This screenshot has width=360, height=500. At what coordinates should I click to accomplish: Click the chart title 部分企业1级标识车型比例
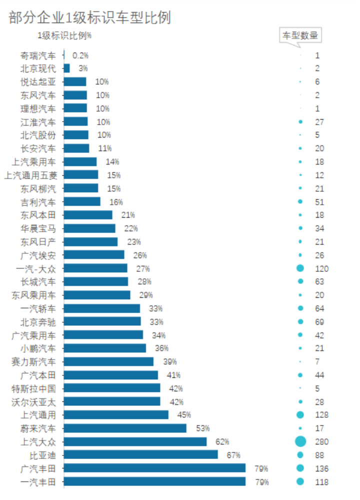(90, 18)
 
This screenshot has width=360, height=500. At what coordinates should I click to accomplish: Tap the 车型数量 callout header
(299, 36)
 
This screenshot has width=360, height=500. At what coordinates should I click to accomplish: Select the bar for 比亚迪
(140, 454)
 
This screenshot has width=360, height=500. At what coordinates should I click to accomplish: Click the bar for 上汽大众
(135, 441)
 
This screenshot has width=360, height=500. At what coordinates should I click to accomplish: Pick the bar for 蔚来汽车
(125, 428)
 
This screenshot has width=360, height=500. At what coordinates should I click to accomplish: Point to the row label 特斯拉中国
(34, 388)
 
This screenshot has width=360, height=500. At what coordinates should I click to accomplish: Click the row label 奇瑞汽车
(38, 56)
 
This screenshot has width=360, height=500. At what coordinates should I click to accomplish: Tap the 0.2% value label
(80, 56)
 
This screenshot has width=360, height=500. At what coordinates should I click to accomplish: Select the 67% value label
(233, 455)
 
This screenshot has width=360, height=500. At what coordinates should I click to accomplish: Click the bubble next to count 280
(300, 441)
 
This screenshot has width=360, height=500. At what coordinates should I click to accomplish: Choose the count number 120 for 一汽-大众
(321, 268)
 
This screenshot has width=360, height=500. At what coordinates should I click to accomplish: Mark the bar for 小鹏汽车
(104, 348)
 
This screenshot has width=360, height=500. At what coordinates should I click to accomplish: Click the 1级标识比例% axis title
(64, 36)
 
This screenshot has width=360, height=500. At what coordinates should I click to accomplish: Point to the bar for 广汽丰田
(154, 468)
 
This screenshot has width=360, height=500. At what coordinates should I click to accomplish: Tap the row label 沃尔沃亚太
(34, 401)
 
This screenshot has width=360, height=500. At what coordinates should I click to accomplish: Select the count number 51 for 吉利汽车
(319, 202)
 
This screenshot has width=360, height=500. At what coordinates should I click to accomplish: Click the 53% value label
(202, 428)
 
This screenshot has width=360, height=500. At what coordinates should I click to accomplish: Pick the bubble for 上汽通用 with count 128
(300, 414)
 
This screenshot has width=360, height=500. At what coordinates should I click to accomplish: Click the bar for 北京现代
(66, 69)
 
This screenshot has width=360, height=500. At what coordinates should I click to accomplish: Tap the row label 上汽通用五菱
(30, 175)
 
